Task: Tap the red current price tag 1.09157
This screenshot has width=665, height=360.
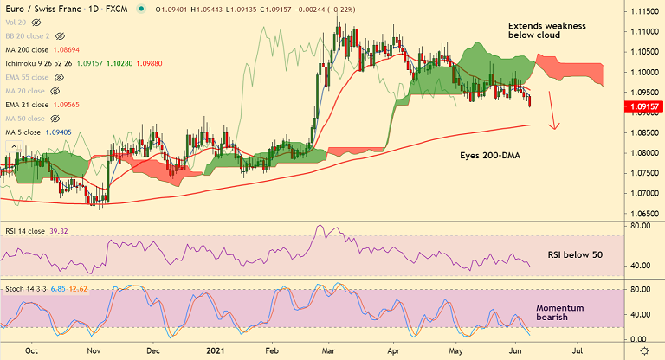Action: click(643, 107)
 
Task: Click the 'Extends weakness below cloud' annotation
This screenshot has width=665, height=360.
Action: click(546, 32)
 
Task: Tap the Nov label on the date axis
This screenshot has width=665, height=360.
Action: click(96, 352)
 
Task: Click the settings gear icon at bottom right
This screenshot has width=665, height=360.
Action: click(643, 351)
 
